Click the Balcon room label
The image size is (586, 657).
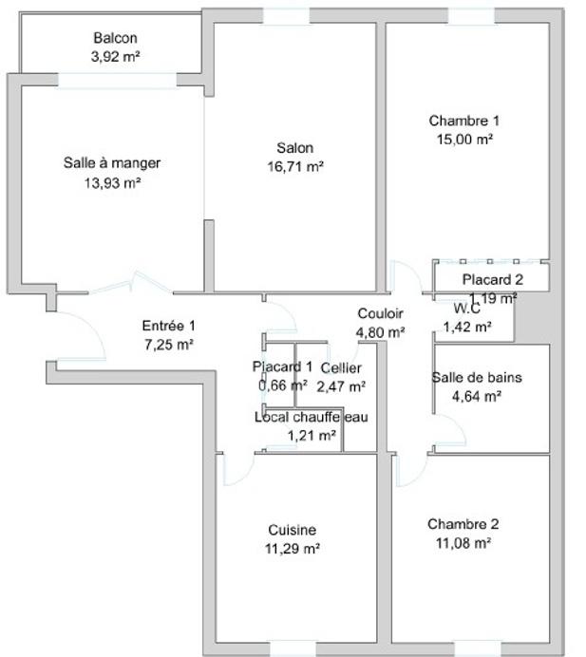pyautogui.click(x=115, y=38)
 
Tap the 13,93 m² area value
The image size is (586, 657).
pyautogui.click(x=112, y=182)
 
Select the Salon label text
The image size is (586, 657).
pyautogui.click(x=294, y=148)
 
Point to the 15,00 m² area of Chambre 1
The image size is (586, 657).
pyautogui.click(x=463, y=139)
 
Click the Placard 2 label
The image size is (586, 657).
pyautogui.click(x=492, y=279)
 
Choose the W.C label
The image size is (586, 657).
pyautogui.click(x=466, y=309)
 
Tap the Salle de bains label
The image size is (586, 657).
pyautogui.click(x=477, y=377)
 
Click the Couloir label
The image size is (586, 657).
pyautogui.click(x=380, y=313)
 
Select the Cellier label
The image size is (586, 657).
pyautogui.click(x=341, y=367)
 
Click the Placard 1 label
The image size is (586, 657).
pyautogui.click(x=282, y=366)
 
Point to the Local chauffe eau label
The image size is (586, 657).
pyautogui.click(x=311, y=417)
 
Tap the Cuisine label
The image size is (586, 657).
pyautogui.click(x=292, y=530)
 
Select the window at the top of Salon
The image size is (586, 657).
pyautogui.click(x=286, y=16)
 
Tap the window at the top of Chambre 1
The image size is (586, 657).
pyautogui.click(x=471, y=16)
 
